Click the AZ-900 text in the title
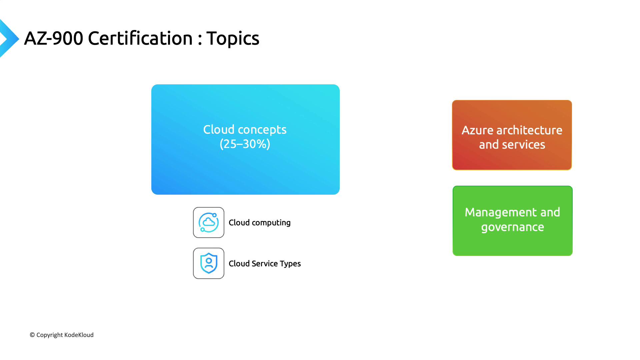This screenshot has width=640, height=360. point(54,38)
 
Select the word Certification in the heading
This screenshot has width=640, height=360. point(140,38)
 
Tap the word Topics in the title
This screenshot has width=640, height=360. point(233,39)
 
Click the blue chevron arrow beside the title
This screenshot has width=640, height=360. point(9,38)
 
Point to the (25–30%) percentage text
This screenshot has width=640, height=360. point(245,144)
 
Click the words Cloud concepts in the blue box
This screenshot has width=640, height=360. point(245,130)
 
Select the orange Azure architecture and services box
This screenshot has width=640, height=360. point(512,135)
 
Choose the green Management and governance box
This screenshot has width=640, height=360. point(513,221)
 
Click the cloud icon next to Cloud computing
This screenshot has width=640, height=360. point(209,222)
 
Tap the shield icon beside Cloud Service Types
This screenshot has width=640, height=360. point(209,263)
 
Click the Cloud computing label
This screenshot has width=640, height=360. point(260,223)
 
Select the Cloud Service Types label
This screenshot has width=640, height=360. point(265,264)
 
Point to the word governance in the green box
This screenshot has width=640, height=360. point(513,227)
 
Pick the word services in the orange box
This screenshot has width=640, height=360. point(524,145)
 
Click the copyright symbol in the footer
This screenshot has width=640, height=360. point(32,335)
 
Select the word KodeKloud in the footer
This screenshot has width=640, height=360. point(79,335)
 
